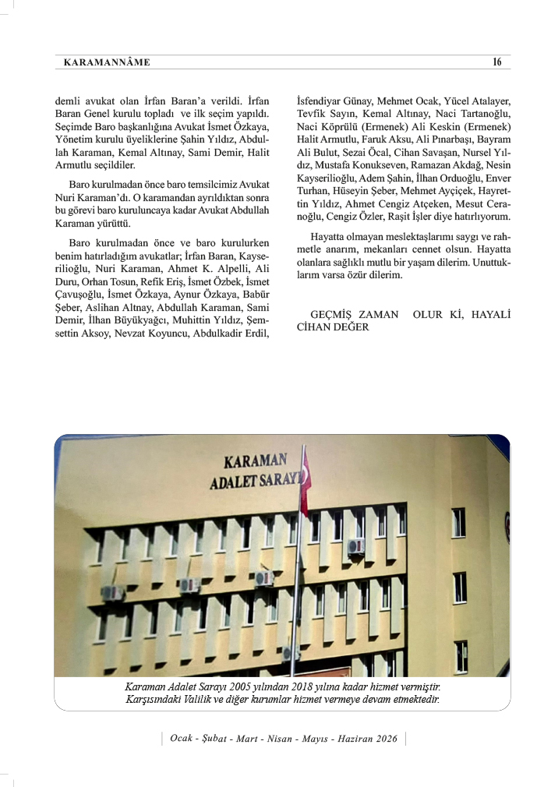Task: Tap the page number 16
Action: point(496,62)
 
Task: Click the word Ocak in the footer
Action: point(184,738)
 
